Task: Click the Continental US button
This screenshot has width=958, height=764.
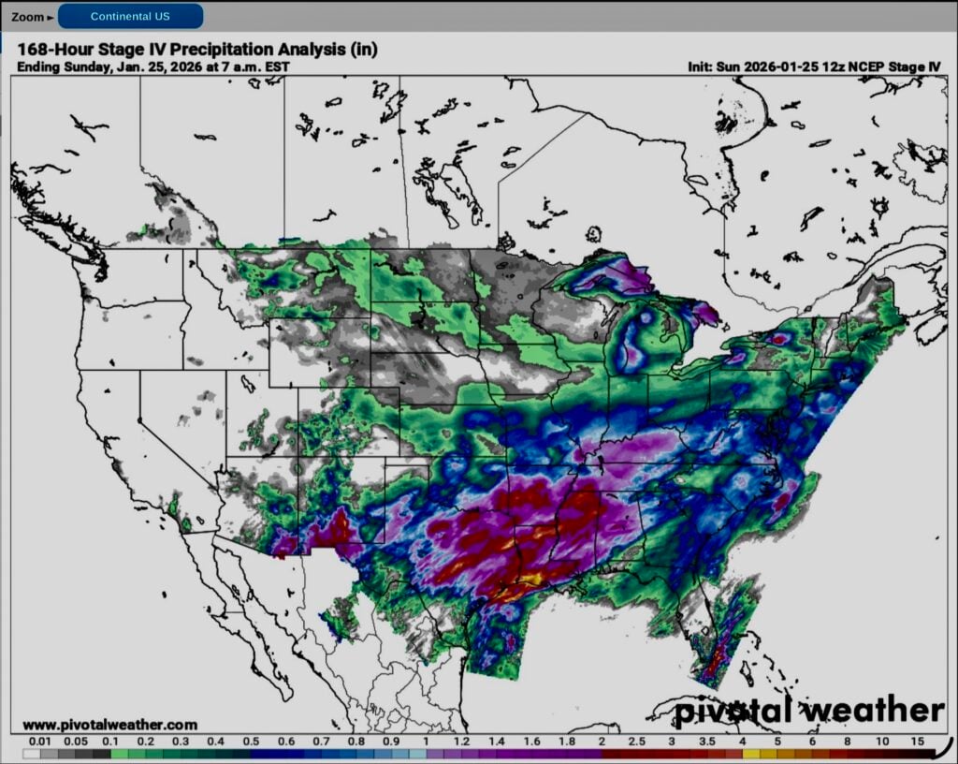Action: click(x=130, y=16)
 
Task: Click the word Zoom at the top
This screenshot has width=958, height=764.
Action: click(x=28, y=17)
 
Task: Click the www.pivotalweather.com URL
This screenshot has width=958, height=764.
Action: click(x=109, y=725)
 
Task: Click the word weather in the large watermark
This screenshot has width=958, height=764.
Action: click(x=873, y=712)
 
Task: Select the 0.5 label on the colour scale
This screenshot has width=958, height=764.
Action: click(x=252, y=741)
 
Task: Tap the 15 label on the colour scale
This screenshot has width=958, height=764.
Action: click(x=917, y=741)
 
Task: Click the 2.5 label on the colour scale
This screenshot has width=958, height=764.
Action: click(x=636, y=741)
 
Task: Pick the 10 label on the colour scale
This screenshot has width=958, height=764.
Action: click(x=882, y=741)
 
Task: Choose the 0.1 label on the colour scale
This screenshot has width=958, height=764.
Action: click(x=110, y=741)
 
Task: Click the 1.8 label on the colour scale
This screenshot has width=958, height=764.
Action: click(x=567, y=741)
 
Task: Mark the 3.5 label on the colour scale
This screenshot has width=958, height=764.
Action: click(x=707, y=741)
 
